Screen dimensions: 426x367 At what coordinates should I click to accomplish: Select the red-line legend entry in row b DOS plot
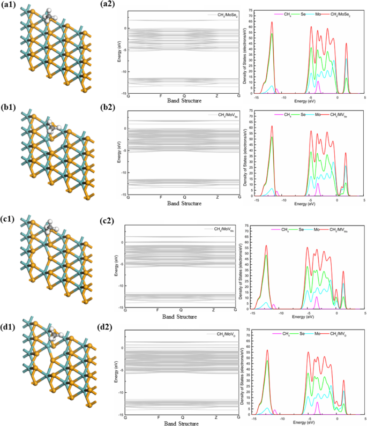[x=343, y=115]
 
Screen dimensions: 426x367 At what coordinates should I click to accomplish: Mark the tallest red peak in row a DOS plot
[x=272, y=23]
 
